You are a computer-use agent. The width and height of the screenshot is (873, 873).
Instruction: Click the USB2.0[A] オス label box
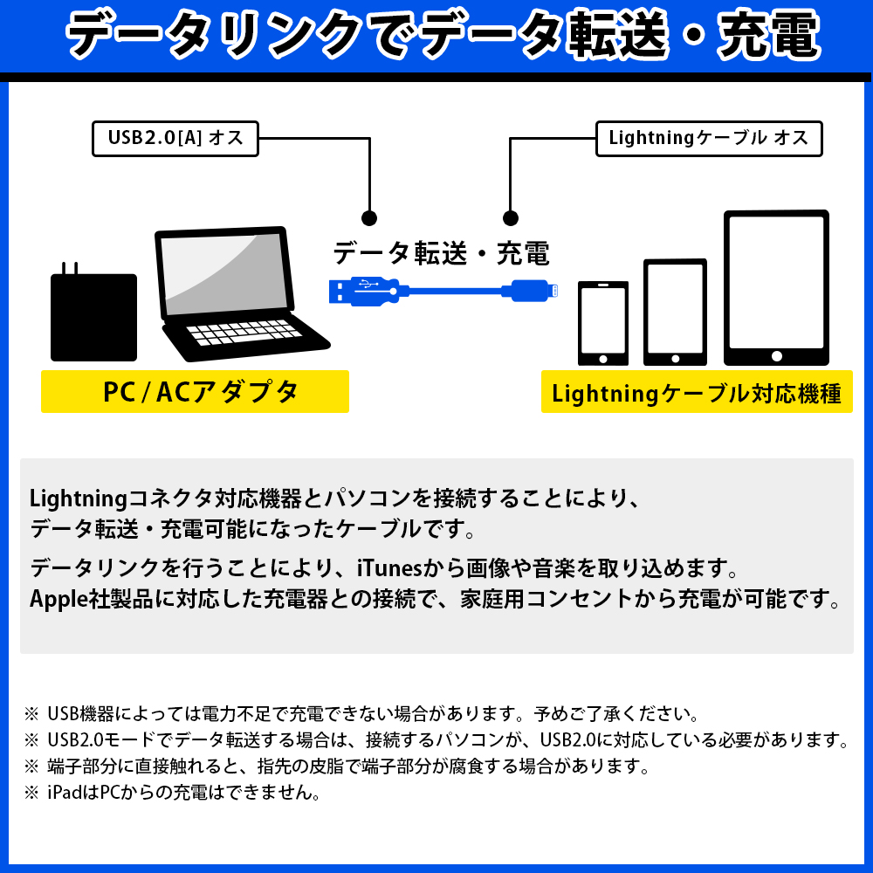click(x=175, y=139)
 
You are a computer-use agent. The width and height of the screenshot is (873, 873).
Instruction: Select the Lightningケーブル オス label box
click(x=709, y=139)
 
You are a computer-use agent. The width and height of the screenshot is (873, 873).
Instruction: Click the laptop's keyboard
click(x=244, y=333)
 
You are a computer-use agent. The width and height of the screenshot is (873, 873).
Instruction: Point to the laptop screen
click(x=225, y=273)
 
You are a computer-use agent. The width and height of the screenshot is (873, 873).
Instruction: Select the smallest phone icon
click(x=603, y=324)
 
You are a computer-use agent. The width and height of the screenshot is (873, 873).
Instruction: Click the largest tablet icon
click(x=776, y=288)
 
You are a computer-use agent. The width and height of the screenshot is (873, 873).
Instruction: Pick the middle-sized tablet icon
click(x=675, y=313)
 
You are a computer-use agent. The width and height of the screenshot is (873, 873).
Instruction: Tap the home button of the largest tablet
click(x=777, y=356)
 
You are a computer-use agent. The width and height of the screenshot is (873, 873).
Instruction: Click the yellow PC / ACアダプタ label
click(x=195, y=391)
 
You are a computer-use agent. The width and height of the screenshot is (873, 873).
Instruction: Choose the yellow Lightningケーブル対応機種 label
click(x=697, y=392)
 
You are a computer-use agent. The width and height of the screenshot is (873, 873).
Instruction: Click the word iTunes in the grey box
click(x=389, y=568)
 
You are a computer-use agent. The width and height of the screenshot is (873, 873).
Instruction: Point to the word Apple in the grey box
click(x=58, y=600)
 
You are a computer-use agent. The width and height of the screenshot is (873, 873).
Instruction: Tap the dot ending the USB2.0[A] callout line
click(x=369, y=218)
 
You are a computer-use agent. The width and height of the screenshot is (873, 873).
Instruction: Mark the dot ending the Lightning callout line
click(x=510, y=218)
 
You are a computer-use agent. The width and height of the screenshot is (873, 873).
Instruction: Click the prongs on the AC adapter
click(x=70, y=268)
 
